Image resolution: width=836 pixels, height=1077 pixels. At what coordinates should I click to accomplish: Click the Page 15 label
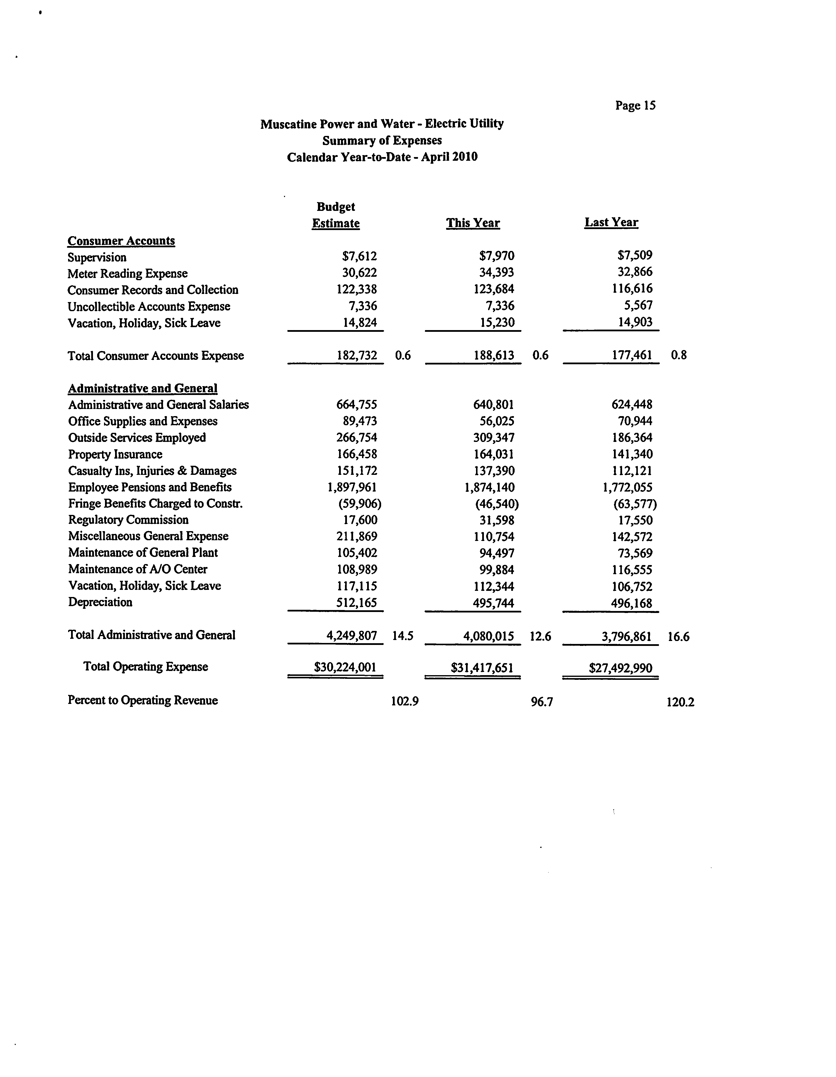click(635, 105)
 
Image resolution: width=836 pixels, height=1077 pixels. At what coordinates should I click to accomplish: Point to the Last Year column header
click(611, 222)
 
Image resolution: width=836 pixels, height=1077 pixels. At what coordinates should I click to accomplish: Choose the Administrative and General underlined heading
click(143, 389)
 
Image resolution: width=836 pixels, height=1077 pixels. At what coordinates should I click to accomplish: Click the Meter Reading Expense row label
click(128, 274)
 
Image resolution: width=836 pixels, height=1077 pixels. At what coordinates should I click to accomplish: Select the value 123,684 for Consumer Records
click(494, 289)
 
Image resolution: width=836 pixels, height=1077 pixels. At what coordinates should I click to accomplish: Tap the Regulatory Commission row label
click(128, 520)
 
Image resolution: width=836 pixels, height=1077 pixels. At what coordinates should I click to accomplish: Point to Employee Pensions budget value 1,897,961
click(352, 487)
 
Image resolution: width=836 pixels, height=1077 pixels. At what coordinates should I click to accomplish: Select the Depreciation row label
click(100, 602)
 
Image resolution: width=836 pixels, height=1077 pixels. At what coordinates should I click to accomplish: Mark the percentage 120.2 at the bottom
click(680, 702)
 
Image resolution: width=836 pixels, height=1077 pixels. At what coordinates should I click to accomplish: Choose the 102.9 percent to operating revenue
click(404, 701)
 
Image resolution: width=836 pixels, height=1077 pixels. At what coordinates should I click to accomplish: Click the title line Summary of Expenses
click(382, 141)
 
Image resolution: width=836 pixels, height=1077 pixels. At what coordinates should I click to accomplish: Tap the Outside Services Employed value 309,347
click(494, 437)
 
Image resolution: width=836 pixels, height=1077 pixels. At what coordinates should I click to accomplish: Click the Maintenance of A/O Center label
click(138, 569)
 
